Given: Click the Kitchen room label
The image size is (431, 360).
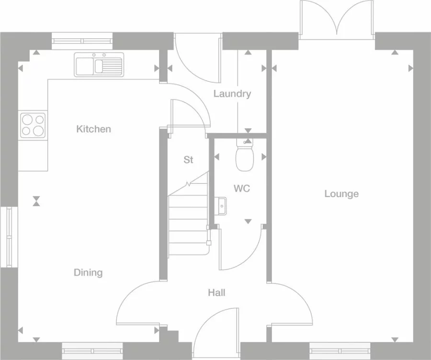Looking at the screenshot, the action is coord(93,129).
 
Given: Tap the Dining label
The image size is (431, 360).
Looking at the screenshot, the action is coord(88,272).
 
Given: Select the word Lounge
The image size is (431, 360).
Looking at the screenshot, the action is coord(341,194).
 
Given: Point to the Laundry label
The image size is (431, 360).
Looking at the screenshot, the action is coord(232,94).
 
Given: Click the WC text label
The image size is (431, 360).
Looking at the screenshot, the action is coord(242,189).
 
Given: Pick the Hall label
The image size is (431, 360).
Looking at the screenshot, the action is coord(216,292).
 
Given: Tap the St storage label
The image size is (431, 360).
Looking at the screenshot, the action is coord(188,160).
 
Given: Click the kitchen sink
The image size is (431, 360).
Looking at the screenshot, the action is coord(99,65).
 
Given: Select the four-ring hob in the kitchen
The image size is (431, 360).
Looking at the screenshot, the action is coord(33,125).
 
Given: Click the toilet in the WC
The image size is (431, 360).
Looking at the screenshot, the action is coord(244,155).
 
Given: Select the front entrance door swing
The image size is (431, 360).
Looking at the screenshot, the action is coord(216,333).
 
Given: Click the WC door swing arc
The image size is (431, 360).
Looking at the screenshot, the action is coord(240,249).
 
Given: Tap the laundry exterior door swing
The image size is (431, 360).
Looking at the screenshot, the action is coord(198,58).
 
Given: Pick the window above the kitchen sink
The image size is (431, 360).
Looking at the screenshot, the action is coord(82,41).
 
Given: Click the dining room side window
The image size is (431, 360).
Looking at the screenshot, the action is coord(9,236).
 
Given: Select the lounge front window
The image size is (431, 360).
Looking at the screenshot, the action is coord(340,351).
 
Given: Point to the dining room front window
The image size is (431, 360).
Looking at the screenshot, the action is coord(92,351).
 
